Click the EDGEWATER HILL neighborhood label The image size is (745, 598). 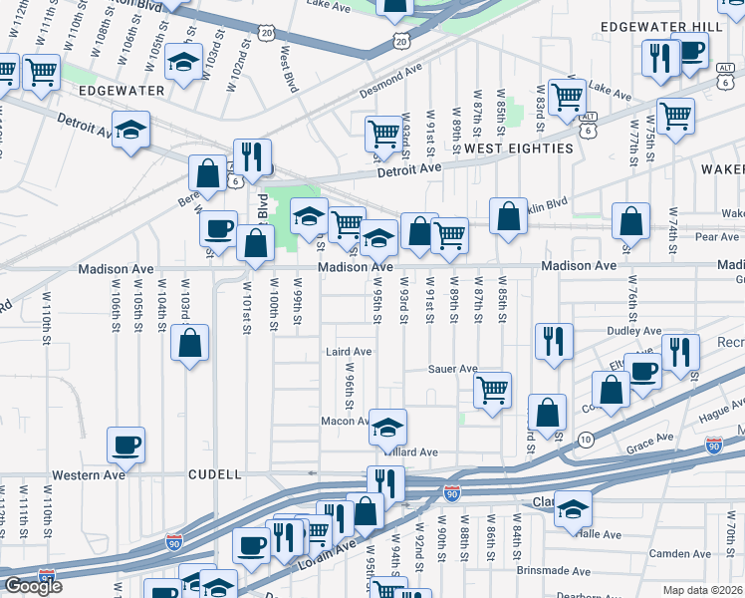click(668, 26)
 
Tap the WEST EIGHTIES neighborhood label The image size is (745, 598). click(519, 149)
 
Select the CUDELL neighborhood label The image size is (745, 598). click(215, 475)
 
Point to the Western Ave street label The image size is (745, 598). click(89, 475)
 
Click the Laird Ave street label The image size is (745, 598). click(349, 352)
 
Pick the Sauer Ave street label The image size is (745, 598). click(453, 369)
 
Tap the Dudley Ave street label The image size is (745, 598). click(634, 331)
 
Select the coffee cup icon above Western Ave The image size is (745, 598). click(125, 445)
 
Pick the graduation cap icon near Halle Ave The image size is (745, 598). click(573, 508)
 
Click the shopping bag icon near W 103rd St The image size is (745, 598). click(189, 344)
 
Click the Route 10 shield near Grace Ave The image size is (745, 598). click(586, 440)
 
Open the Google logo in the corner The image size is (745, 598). click(33, 587)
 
